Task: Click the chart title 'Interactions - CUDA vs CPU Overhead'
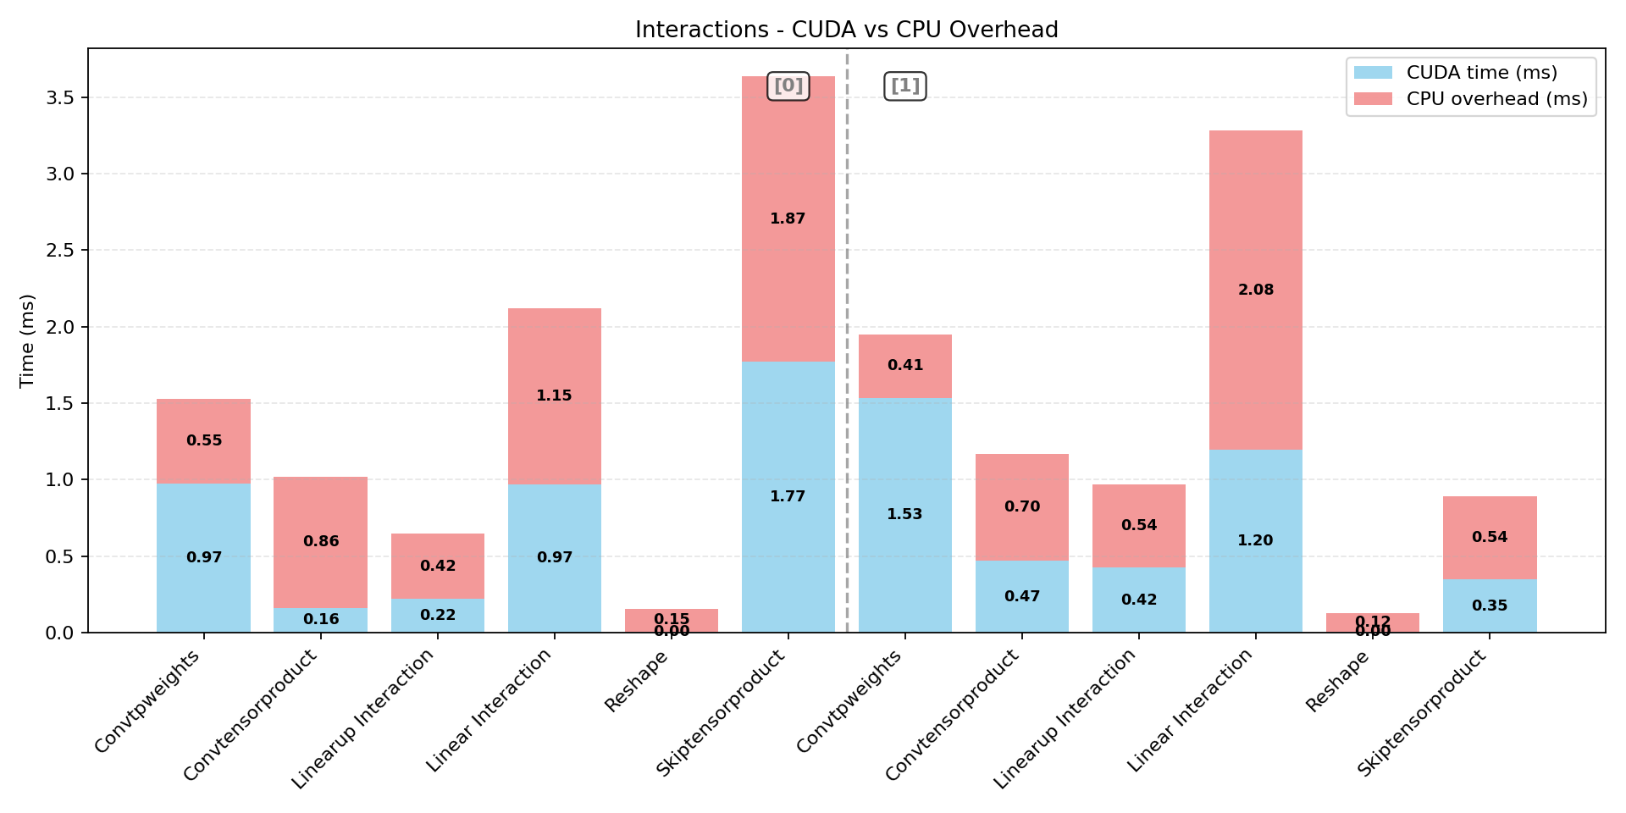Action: click(x=846, y=30)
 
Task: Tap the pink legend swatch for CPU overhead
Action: click(x=1373, y=99)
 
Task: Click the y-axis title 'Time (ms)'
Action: click(x=27, y=340)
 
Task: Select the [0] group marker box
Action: click(x=788, y=86)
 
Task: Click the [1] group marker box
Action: click(x=905, y=86)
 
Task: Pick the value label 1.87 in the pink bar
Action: click(x=788, y=218)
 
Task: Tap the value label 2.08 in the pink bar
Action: click(x=1256, y=290)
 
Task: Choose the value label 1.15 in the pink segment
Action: click(x=555, y=395)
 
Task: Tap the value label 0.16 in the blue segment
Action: click(x=321, y=619)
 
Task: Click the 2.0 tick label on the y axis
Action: click(x=60, y=327)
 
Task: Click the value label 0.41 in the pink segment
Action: click(x=905, y=365)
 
